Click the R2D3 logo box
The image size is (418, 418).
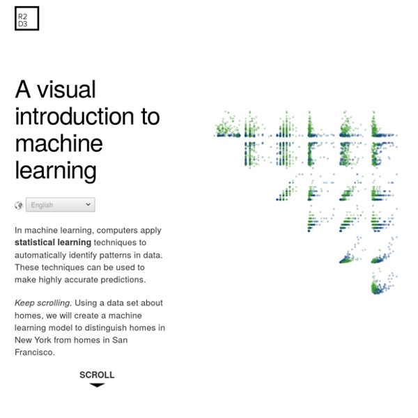(x=27, y=18)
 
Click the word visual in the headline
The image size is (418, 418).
(x=66, y=90)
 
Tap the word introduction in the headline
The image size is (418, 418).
(x=75, y=116)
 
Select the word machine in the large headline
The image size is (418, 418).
(x=59, y=144)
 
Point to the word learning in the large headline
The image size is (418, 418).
(x=56, y=171)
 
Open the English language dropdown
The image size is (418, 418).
(x=60, y=205)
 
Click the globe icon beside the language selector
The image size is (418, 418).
(x=19, y=206)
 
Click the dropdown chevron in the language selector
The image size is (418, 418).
(x=88, y=204)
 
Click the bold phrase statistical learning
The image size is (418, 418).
(x=53, y=242)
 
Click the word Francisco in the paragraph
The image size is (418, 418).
(x=35, y=353)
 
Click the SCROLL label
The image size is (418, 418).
(x=97, y=375)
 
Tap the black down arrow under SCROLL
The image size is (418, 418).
(x=97, y=385)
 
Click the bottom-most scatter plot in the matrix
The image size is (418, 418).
(x=384, y=283)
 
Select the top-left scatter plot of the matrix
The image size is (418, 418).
(x=227, y=124)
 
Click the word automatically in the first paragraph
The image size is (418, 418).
(x=40, y=256)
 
